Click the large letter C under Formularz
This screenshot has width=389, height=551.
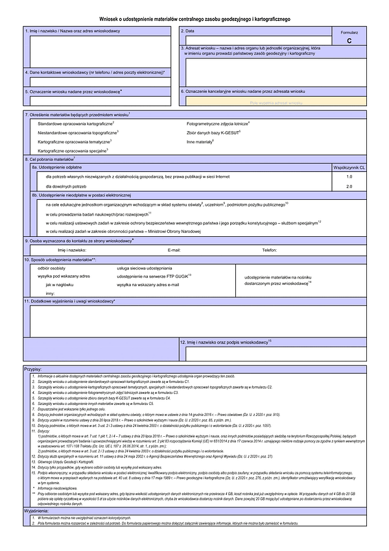(x=349, y=40)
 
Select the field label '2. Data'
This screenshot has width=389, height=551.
(x=188, y=31)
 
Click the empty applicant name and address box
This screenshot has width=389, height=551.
(x=97, y=51)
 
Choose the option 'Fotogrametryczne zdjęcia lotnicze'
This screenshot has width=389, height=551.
(x=217, y=123)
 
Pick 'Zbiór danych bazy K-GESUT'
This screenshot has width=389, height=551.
(x=213, y=132)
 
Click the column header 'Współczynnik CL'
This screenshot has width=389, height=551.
(x=349, y=167)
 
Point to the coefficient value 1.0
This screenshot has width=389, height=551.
(x=349, y=177)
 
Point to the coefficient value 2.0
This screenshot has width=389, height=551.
(x=349, y=186)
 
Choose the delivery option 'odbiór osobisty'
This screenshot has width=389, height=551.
(x=52, y=267)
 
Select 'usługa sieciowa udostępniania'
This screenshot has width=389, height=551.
(x=144, y=267)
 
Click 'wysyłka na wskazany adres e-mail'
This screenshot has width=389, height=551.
(x=147, y=284)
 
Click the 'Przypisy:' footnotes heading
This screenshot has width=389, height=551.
(x=33, y=369)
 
